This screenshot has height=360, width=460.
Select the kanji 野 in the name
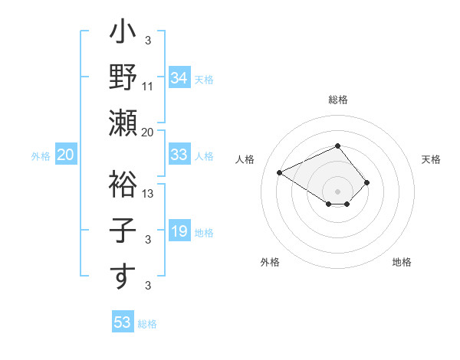123,77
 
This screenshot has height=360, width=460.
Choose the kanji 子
123,229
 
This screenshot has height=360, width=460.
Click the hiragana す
123,275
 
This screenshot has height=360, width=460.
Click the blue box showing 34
179,77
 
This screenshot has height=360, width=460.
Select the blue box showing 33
179,155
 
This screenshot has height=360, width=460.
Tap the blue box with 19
179,231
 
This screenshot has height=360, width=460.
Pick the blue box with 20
65,155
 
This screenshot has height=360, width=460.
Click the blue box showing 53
122,322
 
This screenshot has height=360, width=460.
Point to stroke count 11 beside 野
148,86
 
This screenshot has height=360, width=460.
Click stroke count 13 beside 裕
149,193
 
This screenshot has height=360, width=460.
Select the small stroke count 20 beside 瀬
148,132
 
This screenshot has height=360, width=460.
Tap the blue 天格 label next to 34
204,78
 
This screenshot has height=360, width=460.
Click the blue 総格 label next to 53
147,323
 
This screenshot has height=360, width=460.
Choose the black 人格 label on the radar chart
245,159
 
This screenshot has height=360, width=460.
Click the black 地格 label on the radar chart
402,262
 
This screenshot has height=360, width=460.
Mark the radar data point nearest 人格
280,172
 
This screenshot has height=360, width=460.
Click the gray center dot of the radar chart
337,190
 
